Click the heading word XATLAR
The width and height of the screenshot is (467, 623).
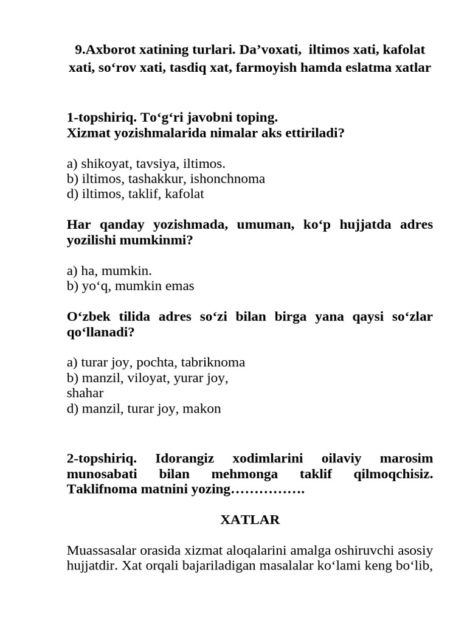coord(249,520)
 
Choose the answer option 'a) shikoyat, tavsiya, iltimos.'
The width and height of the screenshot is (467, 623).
coord(146,163)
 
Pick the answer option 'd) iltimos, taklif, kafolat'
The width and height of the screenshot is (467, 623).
coord(136,193)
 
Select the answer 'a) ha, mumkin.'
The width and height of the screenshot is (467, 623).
coord(109,270)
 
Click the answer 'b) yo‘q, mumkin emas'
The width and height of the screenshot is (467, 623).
coord(131,285)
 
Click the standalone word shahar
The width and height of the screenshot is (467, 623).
coord(85,393)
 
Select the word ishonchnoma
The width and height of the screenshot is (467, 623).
coord(228,178)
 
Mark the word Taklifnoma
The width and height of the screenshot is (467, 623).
coord(99,489)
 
